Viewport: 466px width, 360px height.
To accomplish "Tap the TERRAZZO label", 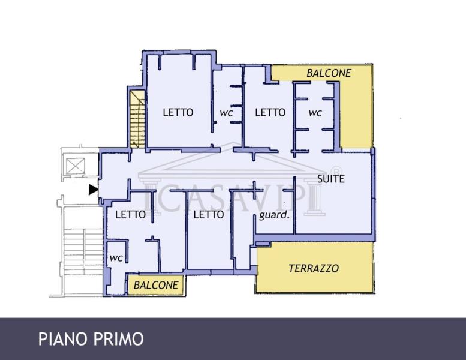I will (x=314, y=268).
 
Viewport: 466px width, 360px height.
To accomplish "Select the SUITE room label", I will (x=330, y=178).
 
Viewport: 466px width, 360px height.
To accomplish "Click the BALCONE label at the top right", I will (x=329, y=73).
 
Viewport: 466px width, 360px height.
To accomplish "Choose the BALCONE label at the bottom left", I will (x=156, y=285).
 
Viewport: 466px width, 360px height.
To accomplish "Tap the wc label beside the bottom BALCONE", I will (x=116, y=257).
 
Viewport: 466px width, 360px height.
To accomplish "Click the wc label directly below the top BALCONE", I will (x=315, y=112).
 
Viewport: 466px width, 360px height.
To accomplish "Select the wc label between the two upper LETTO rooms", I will (x=226, y=112).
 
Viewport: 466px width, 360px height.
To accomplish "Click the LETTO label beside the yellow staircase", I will (x=178, y=112).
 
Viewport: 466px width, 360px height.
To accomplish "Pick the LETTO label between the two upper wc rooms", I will (x=270, y=112).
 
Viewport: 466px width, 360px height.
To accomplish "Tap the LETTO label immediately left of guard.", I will (x=209, y=214).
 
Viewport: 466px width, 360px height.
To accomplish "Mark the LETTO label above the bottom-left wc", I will (x=130, y=214).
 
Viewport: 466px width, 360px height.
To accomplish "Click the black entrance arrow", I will (x=93, y=190).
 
